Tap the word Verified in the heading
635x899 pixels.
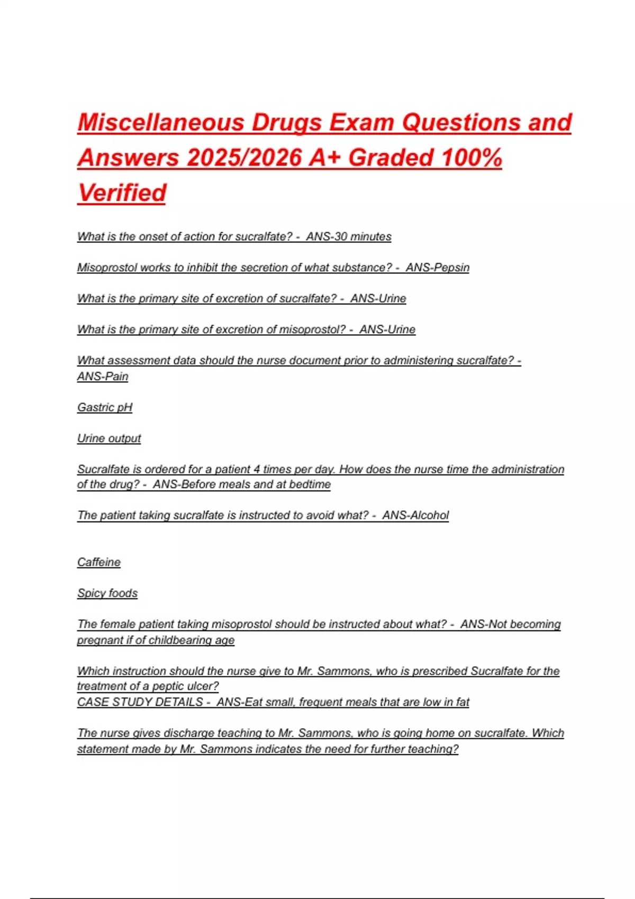point(122,192)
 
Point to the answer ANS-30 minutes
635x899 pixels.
point(349,236)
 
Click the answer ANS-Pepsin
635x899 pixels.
point(438,268)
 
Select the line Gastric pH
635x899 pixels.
point(105,407)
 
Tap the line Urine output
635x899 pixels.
point(109,438)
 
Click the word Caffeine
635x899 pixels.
point(99,562)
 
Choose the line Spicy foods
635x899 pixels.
point(107,593)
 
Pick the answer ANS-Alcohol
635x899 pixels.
point(415,515)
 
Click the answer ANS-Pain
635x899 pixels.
point(103,377)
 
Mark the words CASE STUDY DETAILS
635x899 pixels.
point(140,702)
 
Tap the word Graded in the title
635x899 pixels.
point(391,158)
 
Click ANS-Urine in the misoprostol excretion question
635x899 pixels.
point(387,329)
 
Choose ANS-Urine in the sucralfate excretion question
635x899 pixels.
point(378,298)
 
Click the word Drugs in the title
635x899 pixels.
point(286,123)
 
